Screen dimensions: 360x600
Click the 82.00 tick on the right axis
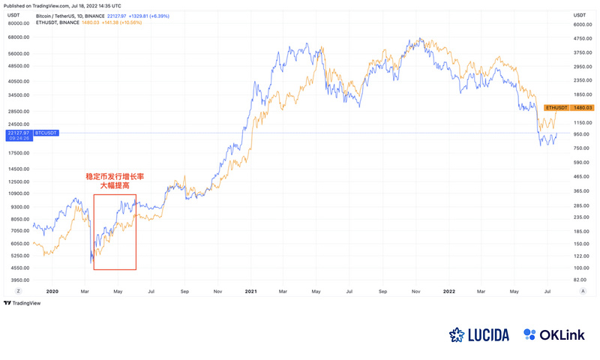click(582, 280)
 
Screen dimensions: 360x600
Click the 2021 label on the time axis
click(250, 290)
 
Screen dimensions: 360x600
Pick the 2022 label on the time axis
click(448, 290)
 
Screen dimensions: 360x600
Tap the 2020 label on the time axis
click(52, 290)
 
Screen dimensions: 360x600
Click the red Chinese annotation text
click(114, 180)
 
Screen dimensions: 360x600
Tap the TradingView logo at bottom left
click(22, 303)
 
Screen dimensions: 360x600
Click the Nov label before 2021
click(217, 290)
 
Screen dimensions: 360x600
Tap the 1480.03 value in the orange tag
click(584, 107)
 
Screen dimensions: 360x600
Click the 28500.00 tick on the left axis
click(16, 109)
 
